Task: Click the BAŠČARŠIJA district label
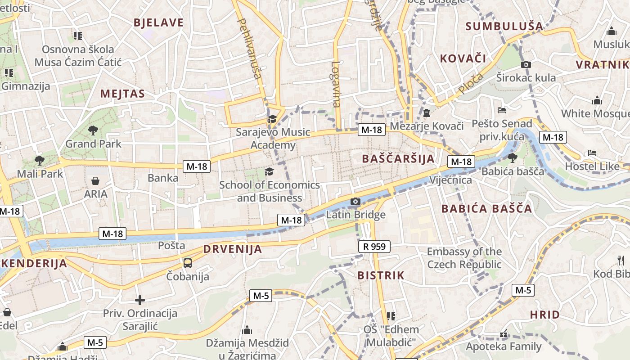point(398,158)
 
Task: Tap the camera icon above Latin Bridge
point(355,201)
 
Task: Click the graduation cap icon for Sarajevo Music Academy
point(272,119)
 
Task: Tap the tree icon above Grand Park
point(93,130)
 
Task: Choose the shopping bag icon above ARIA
point(95,181)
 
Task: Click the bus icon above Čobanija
point(188,263)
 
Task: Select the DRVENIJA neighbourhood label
point(232,249)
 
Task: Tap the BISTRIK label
point(381,275)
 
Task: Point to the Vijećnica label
point(451,180)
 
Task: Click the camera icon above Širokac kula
point(526,65)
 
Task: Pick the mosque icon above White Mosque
point(597,100)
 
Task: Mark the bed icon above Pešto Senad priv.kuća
point(502,110)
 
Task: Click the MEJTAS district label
point(122,94)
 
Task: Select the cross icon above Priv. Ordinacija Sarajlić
point(140,300)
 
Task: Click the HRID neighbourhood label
point(544,315)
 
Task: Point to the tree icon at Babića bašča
point(512,157)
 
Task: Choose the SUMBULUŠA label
point(504,26)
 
